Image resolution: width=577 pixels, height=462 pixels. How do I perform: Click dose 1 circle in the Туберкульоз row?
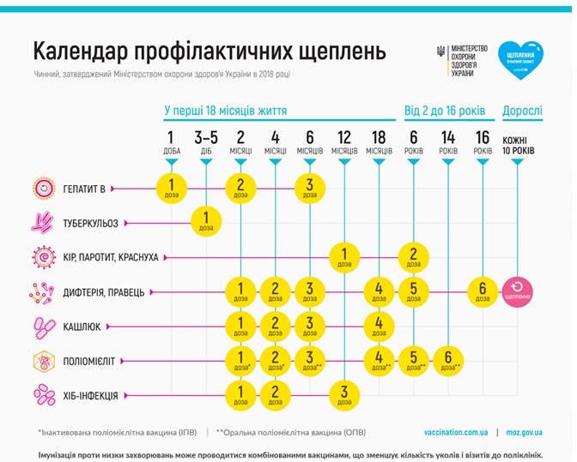tap(206, 222)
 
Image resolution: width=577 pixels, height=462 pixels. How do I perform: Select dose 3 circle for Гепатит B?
tap(309, 187)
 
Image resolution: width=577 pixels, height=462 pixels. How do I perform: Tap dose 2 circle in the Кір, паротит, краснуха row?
tap(413, 256)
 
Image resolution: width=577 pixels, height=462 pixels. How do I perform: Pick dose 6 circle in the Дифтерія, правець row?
tap(483, 291)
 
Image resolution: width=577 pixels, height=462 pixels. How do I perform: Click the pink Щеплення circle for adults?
tap(518, 291)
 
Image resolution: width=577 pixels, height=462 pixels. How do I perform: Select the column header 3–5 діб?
tap(206, 141)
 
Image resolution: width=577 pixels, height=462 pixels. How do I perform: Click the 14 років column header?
tap(447, 141)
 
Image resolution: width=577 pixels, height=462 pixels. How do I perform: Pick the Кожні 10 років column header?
tap(517, 145)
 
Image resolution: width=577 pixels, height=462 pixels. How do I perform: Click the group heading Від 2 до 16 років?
tap(445, 111)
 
